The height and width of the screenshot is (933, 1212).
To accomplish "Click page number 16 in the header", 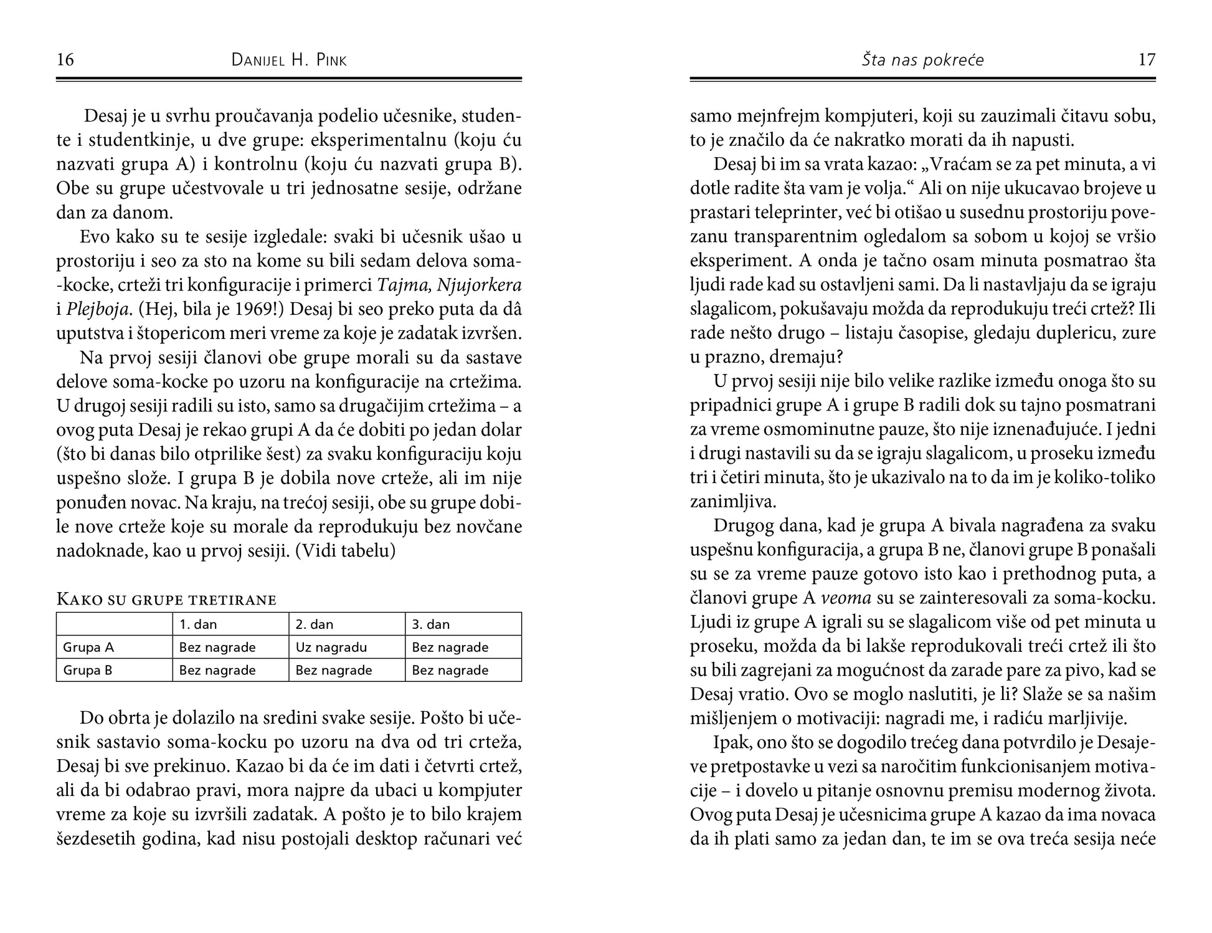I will (65, 60).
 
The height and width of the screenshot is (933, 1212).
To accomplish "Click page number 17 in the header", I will (1147, 60).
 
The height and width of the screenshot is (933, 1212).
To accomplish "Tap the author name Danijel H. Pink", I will (289, 60).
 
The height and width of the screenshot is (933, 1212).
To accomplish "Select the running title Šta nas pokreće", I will (922, 60).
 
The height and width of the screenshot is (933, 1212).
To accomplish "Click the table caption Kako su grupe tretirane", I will (166, 600).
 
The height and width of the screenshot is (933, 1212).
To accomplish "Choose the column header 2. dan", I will (315, 624).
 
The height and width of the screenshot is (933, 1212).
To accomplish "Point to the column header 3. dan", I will (431, 624).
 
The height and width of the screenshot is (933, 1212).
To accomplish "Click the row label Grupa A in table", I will (88, 648).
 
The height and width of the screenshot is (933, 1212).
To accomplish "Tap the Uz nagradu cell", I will (331, 648).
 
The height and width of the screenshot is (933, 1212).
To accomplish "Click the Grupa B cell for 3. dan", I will (450, 671).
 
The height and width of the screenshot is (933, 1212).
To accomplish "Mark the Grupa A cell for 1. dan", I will (217, 648).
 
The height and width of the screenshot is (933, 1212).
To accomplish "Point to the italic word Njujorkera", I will (479, 285).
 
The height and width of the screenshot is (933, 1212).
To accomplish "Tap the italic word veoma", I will (846, 598).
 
